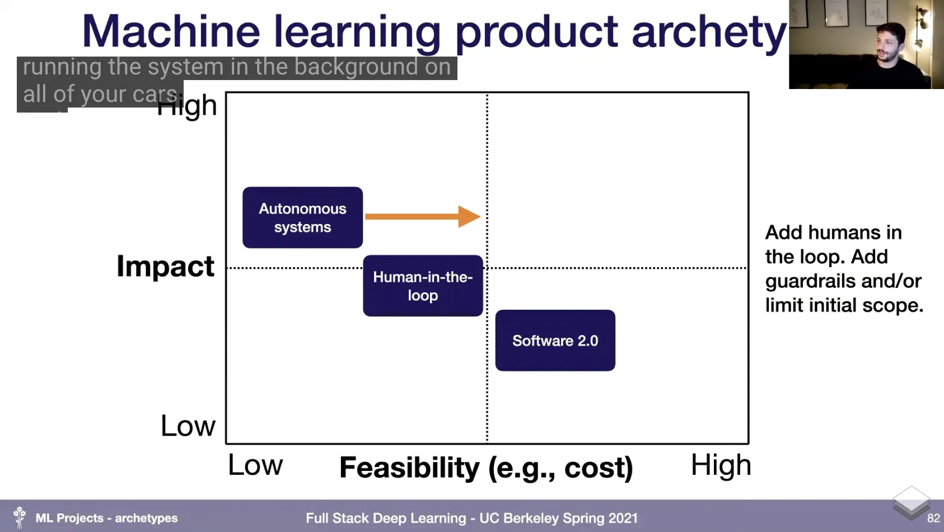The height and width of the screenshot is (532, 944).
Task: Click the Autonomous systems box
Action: point(302,217)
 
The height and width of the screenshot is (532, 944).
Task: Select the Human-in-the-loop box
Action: point(423,286)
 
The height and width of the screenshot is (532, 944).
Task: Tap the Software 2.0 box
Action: point(555,340)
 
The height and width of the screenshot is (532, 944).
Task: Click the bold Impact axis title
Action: point(165,266)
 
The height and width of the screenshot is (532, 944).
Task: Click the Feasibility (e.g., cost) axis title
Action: point(486,468)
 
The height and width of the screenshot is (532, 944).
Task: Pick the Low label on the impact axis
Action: point(188,426)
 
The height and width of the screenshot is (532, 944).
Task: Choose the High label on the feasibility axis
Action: point(721,465)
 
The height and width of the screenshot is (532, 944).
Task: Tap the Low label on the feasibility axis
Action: point(255,465)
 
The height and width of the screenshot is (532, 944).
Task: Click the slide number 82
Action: point(933,519)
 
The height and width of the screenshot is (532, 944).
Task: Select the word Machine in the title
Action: point(171,31)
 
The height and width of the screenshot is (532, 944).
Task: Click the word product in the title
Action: point(536,32)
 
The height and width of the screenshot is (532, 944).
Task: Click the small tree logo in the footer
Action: point(20,517)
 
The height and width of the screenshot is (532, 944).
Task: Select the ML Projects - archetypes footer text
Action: point(106,519)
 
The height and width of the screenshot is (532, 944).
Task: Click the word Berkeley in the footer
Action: point(531,519)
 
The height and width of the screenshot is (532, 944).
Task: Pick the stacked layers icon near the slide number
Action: point(911,502)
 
